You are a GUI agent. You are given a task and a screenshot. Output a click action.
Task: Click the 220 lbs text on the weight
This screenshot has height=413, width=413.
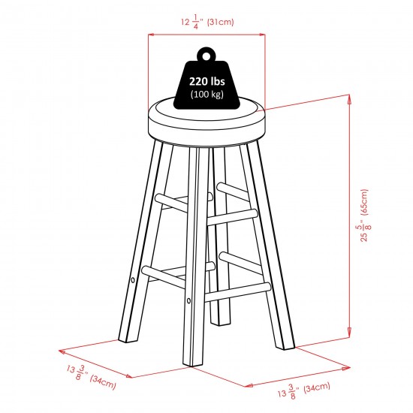207,81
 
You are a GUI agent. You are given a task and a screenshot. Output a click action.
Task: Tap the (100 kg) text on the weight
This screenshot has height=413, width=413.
207,95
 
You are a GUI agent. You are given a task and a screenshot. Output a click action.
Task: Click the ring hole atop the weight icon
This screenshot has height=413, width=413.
206,56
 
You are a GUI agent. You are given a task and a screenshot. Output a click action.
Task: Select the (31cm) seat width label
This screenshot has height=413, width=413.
221,22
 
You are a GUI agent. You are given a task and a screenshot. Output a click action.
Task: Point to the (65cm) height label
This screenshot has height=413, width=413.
363,202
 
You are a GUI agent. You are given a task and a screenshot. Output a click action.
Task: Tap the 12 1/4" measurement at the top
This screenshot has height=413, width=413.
192,22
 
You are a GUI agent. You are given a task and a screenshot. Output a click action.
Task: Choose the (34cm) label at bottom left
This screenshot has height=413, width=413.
103,382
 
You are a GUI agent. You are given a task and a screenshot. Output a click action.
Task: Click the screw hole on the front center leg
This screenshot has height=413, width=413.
188,300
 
